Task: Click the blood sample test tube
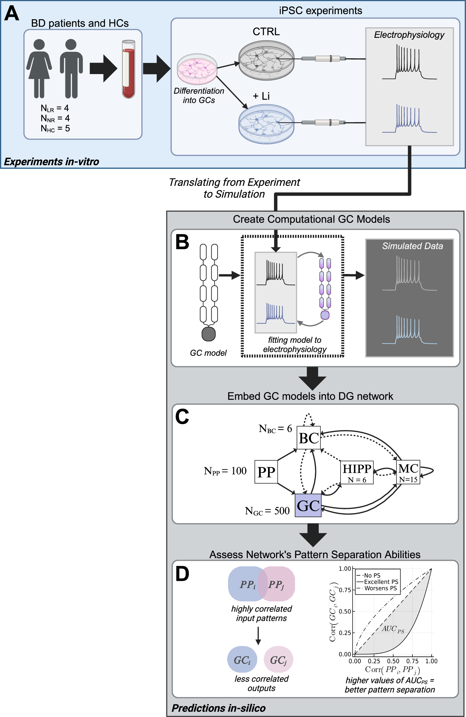129,69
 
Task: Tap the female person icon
39,68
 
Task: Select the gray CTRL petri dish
266,60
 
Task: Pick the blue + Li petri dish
266,124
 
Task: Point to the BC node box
309,438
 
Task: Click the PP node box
266,472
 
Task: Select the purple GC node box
308,506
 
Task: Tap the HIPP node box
357,472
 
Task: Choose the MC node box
408,472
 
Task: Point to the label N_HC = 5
55,128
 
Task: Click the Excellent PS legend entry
381,582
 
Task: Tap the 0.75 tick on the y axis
345,590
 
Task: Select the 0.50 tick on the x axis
393,661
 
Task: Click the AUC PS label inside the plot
393,629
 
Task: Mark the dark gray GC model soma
209,334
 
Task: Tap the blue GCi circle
242,660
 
